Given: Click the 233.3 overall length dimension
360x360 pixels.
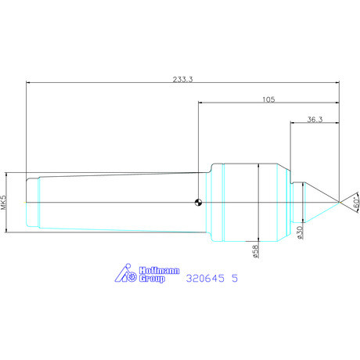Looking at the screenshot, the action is pos(182,79).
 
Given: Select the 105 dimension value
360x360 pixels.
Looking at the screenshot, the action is pos(268,99).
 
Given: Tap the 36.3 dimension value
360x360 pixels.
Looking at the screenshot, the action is pos(315,120).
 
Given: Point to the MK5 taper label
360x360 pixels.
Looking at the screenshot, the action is pos(4,203).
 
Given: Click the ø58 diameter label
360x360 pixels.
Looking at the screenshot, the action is pos(256,251).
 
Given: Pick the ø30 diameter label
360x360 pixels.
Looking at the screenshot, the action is pos(300,232).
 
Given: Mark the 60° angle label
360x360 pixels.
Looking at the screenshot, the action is pos(356,202).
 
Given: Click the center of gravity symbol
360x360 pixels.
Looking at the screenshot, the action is pos(198,202).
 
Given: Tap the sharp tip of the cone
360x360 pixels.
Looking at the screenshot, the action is pos(339,202).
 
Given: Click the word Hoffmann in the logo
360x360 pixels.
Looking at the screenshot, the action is pos(159,271).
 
